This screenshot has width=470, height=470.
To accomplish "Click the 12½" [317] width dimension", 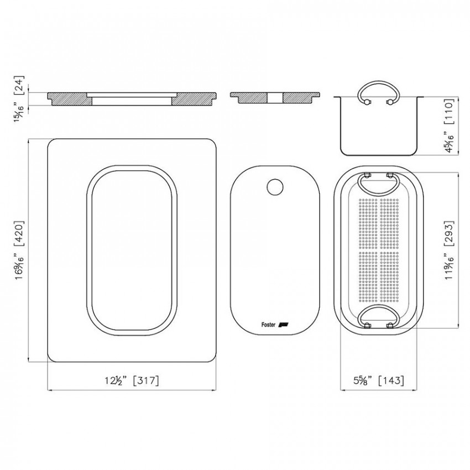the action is [132, 380].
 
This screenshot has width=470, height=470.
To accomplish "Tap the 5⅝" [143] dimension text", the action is [379, 380].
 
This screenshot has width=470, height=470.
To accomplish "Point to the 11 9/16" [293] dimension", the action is [450, 250].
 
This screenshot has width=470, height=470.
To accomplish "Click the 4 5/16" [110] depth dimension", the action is [450, 126].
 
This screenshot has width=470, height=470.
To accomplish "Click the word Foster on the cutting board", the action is [268, 325].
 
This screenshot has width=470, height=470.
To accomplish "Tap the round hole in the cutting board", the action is [275, 187].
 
